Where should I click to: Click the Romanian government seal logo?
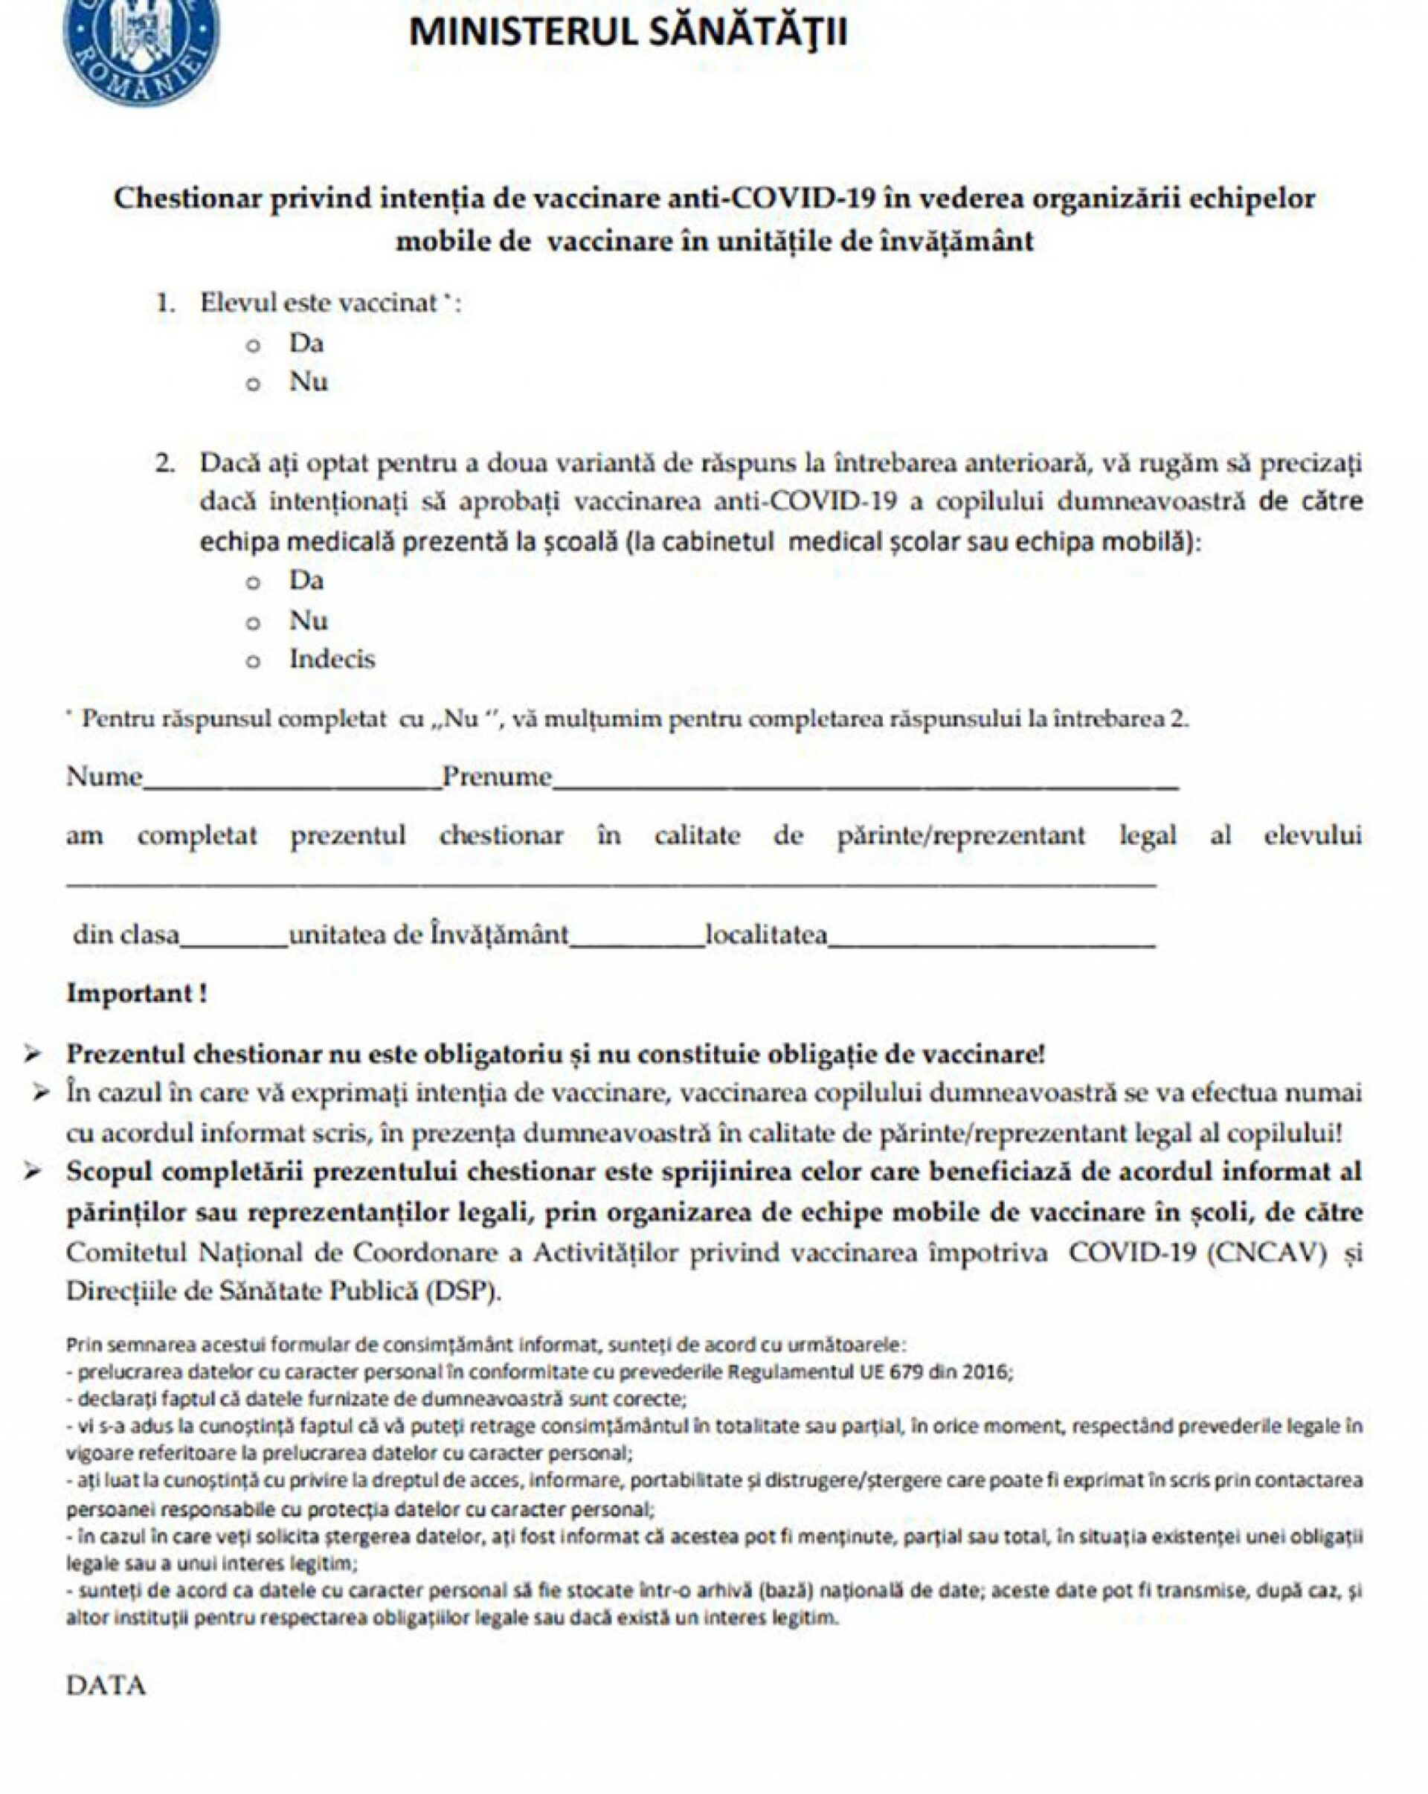[x=141, y=46]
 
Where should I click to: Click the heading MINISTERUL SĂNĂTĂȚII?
[x=628, y=33]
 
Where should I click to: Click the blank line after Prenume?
[x=866, y=782]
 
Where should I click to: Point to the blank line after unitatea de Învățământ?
[x=637, y=941]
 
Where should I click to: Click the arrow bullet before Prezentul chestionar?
[x=33, y=1054]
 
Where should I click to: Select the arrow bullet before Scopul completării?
[x=33, y=1172]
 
